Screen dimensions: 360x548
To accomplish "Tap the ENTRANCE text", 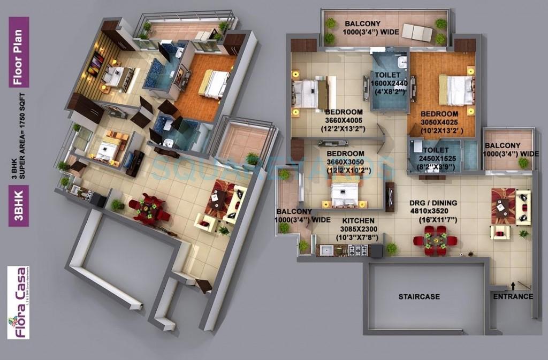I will coord(513,296).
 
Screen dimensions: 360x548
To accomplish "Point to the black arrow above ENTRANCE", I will coord(513,286).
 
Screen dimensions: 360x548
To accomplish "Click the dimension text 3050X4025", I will coord(439,122).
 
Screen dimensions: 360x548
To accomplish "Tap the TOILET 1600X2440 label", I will coord(387,83).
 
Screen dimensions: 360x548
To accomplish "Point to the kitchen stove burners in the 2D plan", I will coord(358,250).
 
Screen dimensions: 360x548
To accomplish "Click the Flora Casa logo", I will coord(18,303).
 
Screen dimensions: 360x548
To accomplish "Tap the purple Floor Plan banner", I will coord(19,52).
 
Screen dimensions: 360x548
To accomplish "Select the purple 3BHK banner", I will coord(19,205).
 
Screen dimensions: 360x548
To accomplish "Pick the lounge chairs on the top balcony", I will coord(417,33).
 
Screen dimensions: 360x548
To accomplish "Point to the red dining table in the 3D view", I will coord(149,209).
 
